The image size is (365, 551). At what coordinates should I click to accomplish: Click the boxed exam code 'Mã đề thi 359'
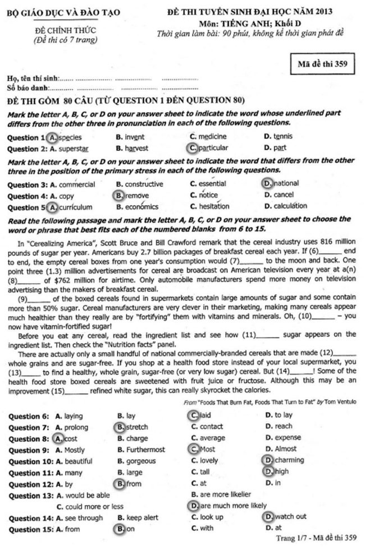pos(322,64)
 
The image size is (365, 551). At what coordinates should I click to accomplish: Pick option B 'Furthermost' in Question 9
pos(141,450)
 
